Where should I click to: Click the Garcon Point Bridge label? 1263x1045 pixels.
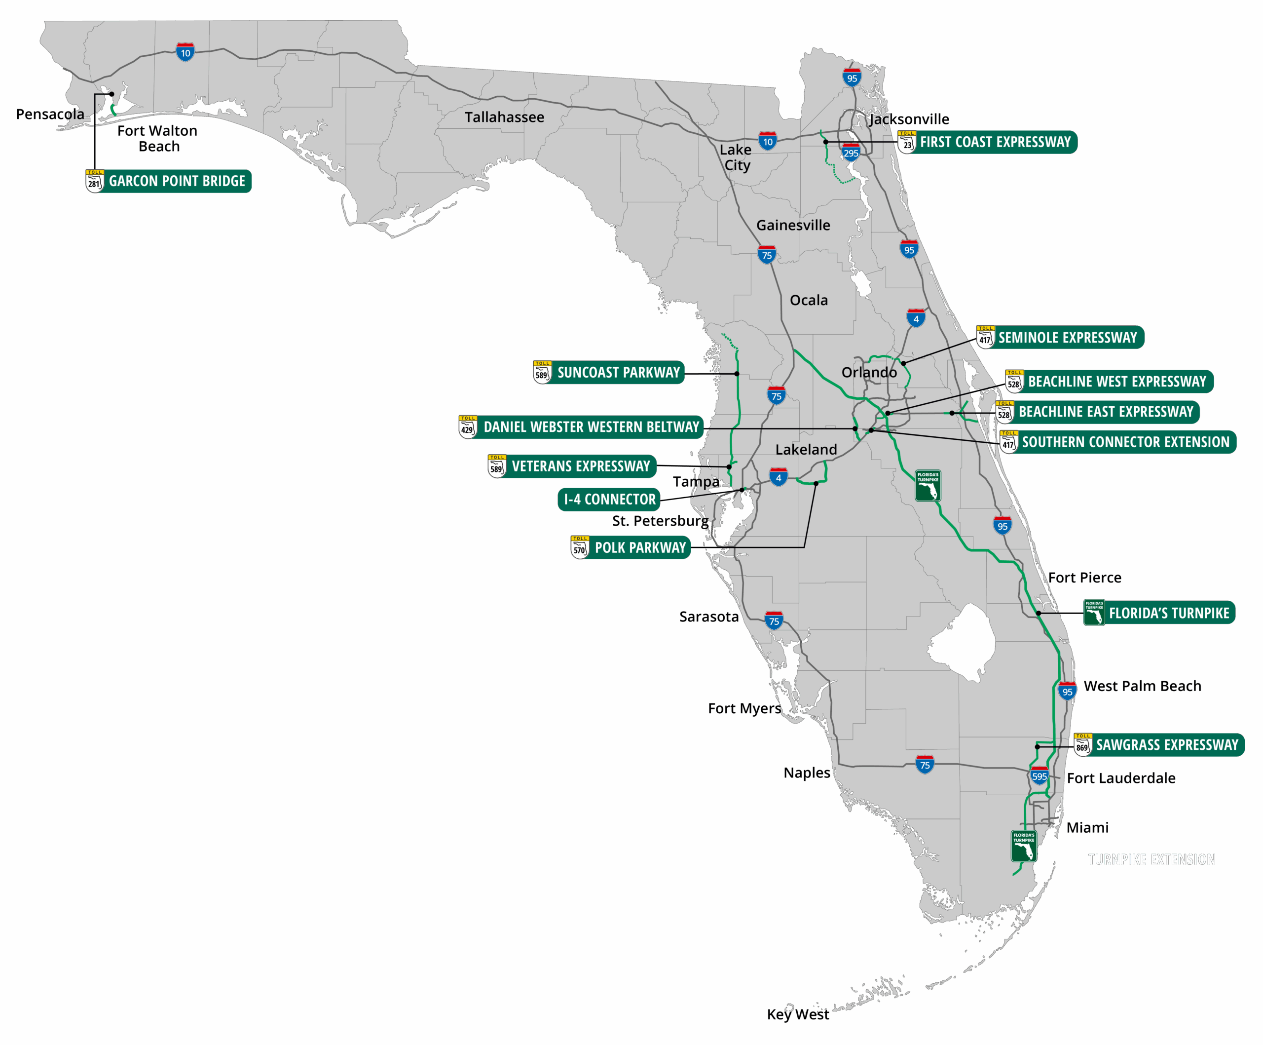tap(176, 181)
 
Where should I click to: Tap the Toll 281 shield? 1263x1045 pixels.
tap(94, 181)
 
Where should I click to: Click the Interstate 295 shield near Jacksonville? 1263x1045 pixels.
tap(851, 152)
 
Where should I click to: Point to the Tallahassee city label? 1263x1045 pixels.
tap(504, 117)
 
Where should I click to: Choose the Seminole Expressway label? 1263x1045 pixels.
tap(1067, 338)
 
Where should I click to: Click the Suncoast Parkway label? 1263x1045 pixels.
tap(618, 372)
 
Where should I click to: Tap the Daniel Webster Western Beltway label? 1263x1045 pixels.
tap(591, 427)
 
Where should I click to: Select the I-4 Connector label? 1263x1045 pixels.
tap(609, 500)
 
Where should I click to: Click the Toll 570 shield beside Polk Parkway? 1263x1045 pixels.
tap(579, 548)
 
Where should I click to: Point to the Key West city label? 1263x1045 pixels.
tap(797, 1014)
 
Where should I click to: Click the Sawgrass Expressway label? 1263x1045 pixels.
tap(1167, 745)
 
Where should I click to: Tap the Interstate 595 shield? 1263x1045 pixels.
tap(1040, 776)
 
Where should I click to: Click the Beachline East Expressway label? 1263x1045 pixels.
tap(1106, 412)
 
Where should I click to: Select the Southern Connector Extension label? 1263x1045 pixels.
tap(1125, 442)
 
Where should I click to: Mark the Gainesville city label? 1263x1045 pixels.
tap(793, 225)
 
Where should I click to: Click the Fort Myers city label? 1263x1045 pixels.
tap(744, 709)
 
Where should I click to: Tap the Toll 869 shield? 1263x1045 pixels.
tap(1082, 746)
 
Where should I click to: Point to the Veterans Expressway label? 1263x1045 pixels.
tap(580, 466)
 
